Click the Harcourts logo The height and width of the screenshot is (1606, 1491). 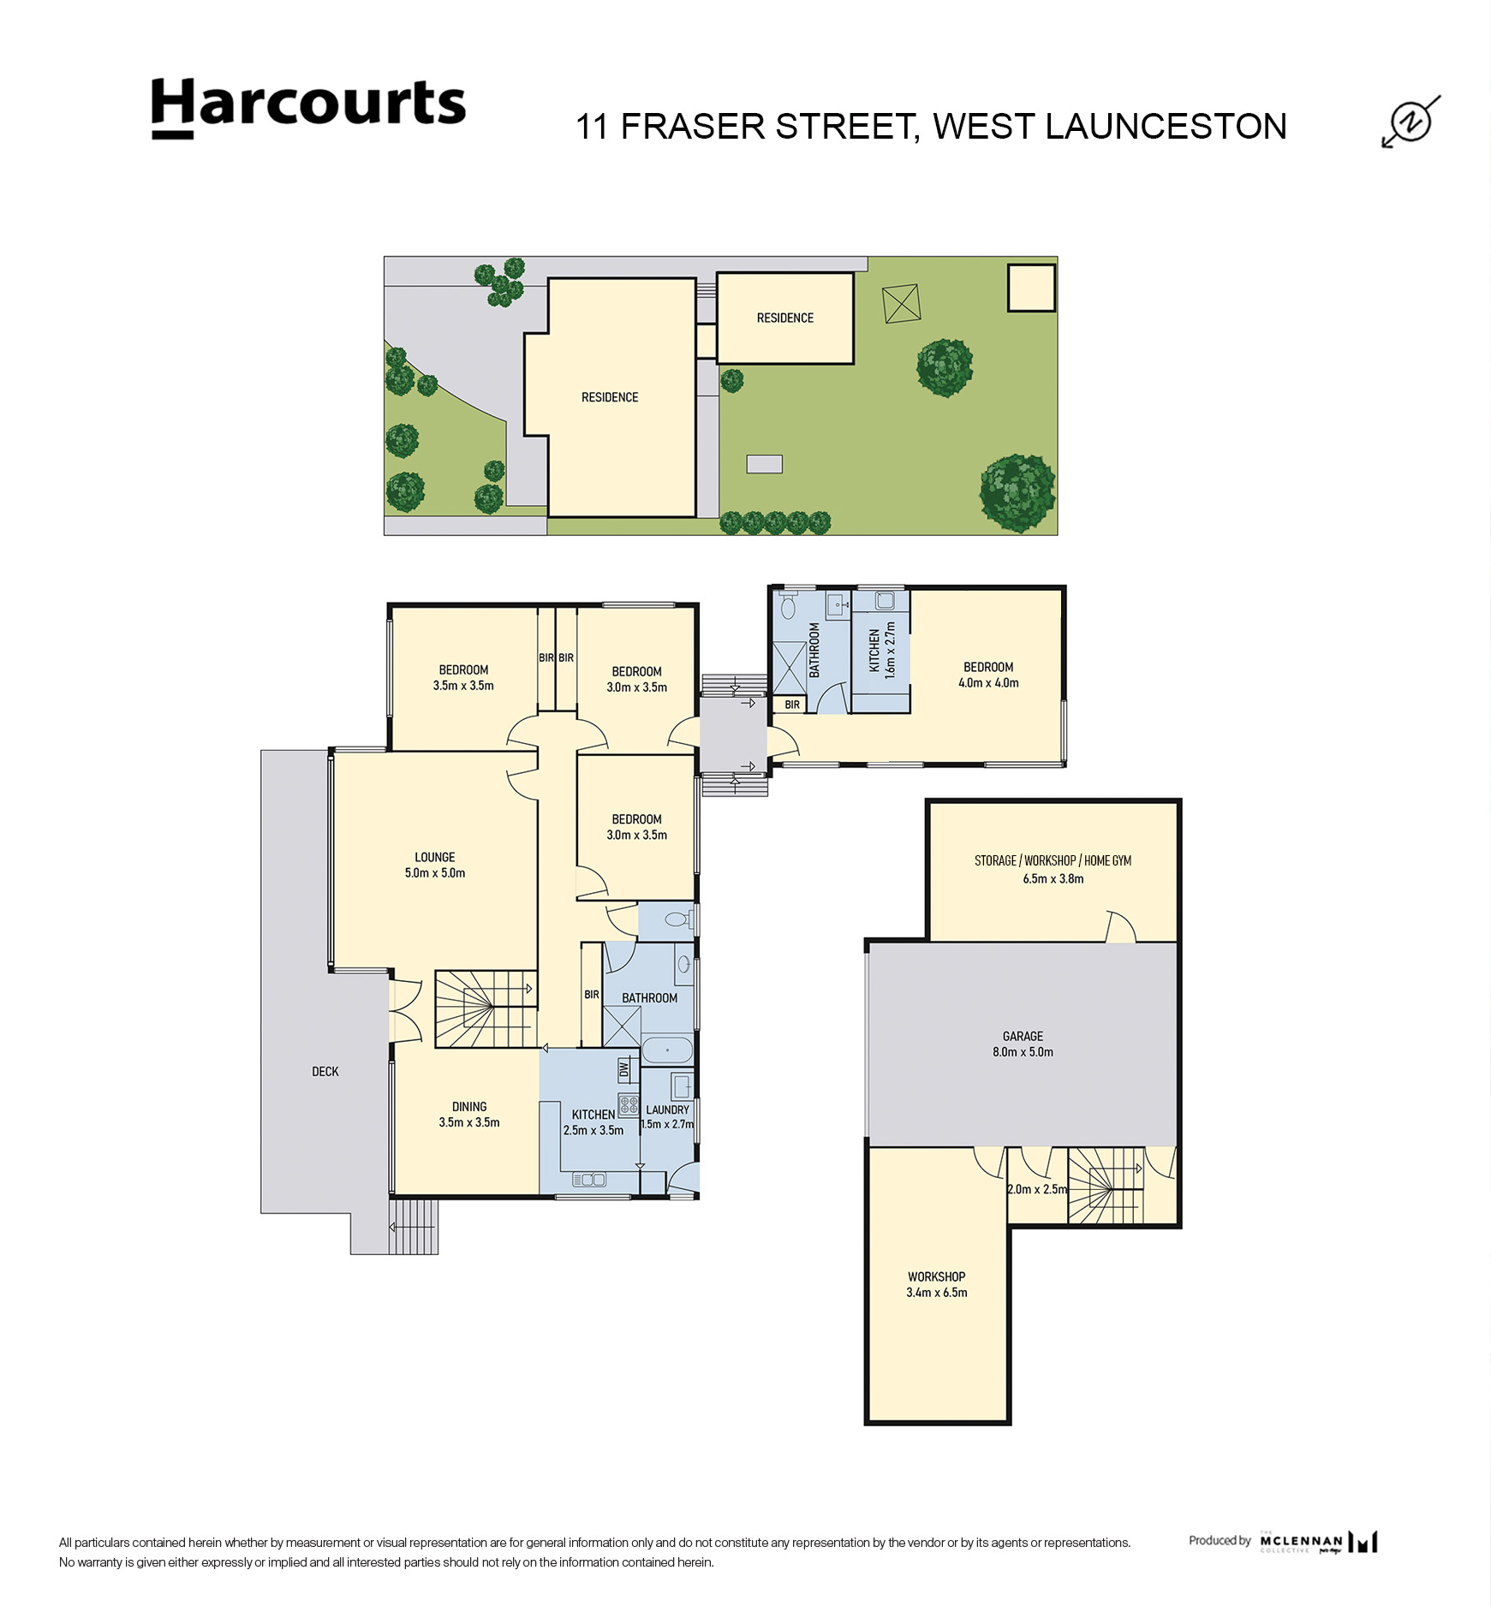click(x=308, y=108)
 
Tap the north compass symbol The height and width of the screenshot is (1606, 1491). click(x=1410, y=122)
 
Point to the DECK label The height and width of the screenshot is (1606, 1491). click(x=325, y=1072)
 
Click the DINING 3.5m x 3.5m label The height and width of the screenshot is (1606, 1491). click(x=469, y=1115)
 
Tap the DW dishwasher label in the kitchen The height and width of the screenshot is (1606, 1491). click(x=624, y=1068)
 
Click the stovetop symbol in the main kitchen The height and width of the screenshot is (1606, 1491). click(x=629, y=1105)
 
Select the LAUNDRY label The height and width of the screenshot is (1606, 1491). click(x=668, y=1109)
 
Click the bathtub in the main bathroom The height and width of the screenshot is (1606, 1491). click(x=667, y=1050)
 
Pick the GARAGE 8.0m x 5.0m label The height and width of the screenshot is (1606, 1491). click(x=1023, y=1044)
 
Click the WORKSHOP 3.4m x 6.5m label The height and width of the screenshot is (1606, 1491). click(x=937, y=1284)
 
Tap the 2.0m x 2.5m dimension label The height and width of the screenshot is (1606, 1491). click(x=1037, y=1189)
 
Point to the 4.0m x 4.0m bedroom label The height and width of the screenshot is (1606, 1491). click(x=989, y=683)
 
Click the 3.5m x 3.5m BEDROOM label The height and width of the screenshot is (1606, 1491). click(x=463, y=678)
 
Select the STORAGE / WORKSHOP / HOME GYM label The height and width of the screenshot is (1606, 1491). click(x=1053, y=861)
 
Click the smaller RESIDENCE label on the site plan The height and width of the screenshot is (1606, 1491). click(x=785, y=318)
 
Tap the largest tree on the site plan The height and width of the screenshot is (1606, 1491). click(x=1018, y=493)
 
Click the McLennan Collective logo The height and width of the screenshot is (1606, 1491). click(x=1319, y=1542)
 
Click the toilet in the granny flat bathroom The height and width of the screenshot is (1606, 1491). click(x=788, y=607)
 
